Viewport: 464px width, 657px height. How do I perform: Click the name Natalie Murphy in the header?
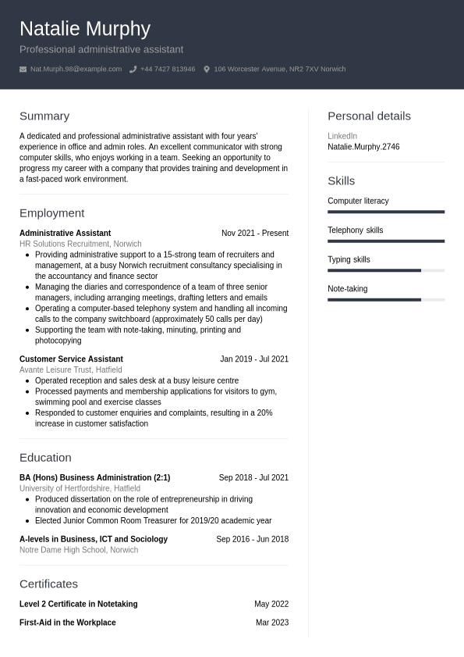85,29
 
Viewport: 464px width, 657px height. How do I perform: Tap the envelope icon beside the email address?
23,70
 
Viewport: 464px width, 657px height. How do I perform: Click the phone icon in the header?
133,70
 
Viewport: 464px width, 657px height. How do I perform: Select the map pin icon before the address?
207,70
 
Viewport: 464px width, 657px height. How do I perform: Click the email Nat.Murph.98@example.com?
76,70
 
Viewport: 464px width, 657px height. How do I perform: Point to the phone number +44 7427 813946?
168,70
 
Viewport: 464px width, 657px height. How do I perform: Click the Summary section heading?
44,116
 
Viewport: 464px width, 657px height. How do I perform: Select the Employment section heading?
51,212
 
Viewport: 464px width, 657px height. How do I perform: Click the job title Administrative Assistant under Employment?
65,233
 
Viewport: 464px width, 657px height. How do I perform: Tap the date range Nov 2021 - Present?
254,233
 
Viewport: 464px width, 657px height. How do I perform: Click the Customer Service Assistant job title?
71,359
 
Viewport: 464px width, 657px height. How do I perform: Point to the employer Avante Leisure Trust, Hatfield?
70,370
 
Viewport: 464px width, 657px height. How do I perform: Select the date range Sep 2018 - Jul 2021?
253,477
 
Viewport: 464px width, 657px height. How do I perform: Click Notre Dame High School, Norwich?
79,550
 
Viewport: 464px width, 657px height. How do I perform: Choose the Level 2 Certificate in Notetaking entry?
78,604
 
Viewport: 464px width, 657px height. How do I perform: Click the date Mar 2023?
271,623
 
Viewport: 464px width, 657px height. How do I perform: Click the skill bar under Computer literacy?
386,212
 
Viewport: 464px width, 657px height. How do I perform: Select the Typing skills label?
349,259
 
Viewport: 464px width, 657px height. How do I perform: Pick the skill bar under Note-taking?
386,299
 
